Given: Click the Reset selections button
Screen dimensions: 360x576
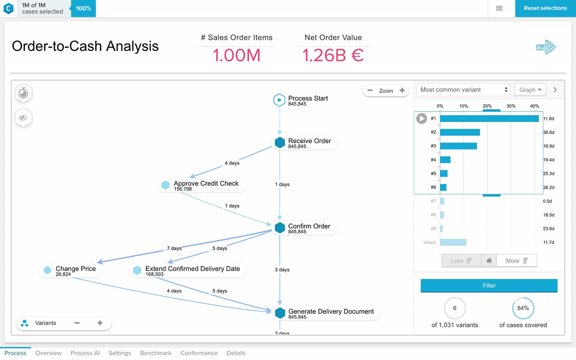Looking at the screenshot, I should pyautogui.click(x=545, y=8).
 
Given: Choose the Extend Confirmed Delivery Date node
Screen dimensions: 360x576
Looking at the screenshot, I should pyautogui.click(x=188, y=271).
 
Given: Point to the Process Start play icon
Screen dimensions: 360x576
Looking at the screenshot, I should pyautogui.click(x=279, y=100).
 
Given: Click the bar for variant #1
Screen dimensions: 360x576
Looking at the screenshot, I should pyautogui.click(x=489, y=119).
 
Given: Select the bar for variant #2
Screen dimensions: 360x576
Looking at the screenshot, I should pyautogui.click(x=460, y=132).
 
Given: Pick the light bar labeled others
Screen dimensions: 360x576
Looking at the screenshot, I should pyautogui.click(x=453, y=242).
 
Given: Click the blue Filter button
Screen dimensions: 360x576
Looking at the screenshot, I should pyautogui.click(x=489, y=286).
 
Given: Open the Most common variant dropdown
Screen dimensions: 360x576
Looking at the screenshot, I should pyautogui.click(x=464, y=90).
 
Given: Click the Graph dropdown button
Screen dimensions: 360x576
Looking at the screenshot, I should pyautogui.click(x=530, y=90).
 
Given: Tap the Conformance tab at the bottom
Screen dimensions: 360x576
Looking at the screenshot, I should pyautogui.click(x=199, y=353).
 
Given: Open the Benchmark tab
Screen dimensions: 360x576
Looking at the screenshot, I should pyautogui.click(x=156, y=353).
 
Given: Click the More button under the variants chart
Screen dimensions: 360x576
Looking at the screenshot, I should pyautogui.click(x=517, y=261).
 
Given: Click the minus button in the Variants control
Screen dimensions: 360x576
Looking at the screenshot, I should pyautogui.click(x=77, y=323).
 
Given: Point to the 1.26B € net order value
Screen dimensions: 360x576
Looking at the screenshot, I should pyautogui.click(x=333, y=56).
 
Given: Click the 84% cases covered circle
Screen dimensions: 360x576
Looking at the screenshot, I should pyautogui.click(x=523, y=308).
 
